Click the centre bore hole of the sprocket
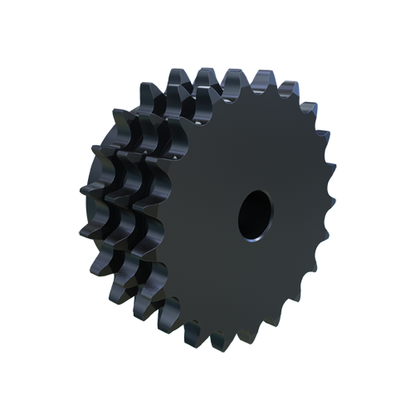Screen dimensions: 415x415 pyautogui.click(x=255, y=213)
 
